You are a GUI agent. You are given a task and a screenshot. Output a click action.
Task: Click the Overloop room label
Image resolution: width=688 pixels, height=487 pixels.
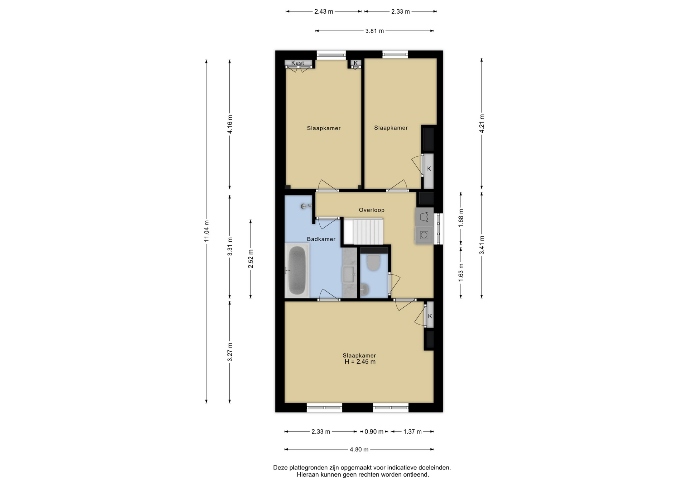[x=372, y=210]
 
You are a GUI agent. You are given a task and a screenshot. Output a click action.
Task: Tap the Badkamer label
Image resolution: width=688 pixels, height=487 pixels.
[x=321, y=239]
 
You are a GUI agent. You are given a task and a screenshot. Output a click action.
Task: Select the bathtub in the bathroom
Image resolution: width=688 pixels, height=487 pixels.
[x=297, y=270]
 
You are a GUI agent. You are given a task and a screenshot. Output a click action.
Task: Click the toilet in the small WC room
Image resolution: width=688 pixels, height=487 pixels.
[x=373, y=262]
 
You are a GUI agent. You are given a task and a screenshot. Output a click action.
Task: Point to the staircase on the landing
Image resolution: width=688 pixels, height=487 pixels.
[x=363, y=232]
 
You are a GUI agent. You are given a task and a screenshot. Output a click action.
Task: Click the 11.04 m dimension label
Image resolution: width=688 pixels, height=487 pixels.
[x=206, y=231]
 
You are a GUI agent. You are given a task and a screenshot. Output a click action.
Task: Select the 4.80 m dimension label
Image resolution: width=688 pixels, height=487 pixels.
[x=359, y=450]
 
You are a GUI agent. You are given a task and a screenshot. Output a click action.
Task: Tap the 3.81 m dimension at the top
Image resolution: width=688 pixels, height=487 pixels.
[x=374, y=31]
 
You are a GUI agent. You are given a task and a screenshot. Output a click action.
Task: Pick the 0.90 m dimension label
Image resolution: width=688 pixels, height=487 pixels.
[x=374, y=432]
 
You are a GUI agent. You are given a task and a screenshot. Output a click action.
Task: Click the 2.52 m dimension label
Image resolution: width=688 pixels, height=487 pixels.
[x=251, y=259]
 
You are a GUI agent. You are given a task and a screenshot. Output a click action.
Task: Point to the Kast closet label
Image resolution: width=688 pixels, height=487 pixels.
[x=297, y=63]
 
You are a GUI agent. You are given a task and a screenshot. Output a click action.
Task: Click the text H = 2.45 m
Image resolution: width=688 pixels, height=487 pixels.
[x=360, y=362]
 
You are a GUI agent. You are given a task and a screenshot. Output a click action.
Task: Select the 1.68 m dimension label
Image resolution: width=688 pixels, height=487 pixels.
[x=461, y=218]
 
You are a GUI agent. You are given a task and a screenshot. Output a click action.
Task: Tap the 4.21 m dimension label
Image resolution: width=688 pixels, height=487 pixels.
[x=482, y=124]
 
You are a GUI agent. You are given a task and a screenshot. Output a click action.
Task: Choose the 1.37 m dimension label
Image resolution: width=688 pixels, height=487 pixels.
[x=412, y=432]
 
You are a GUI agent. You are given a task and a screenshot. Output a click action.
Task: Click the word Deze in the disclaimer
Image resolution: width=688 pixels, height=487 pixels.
[x=280, y=468]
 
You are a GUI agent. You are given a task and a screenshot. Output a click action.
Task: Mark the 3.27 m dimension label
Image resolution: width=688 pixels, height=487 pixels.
[x=230, y=352]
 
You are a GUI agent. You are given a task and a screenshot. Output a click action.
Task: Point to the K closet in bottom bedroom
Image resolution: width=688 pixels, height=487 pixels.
[x=430, y=315]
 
